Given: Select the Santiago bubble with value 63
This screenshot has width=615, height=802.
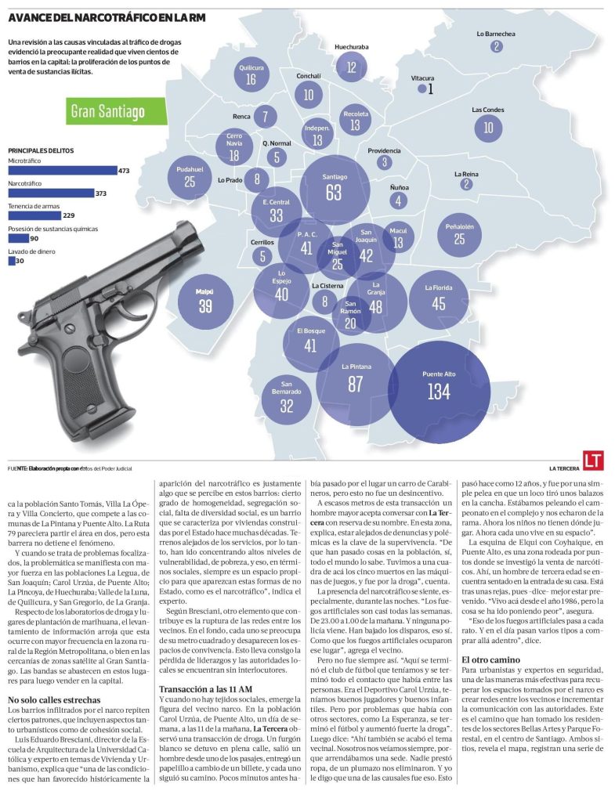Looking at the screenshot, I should click(335, 189).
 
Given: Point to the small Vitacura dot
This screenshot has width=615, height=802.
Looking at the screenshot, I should click(422, 89).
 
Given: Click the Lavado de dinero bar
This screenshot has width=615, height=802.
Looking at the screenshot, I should click(12, 261).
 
